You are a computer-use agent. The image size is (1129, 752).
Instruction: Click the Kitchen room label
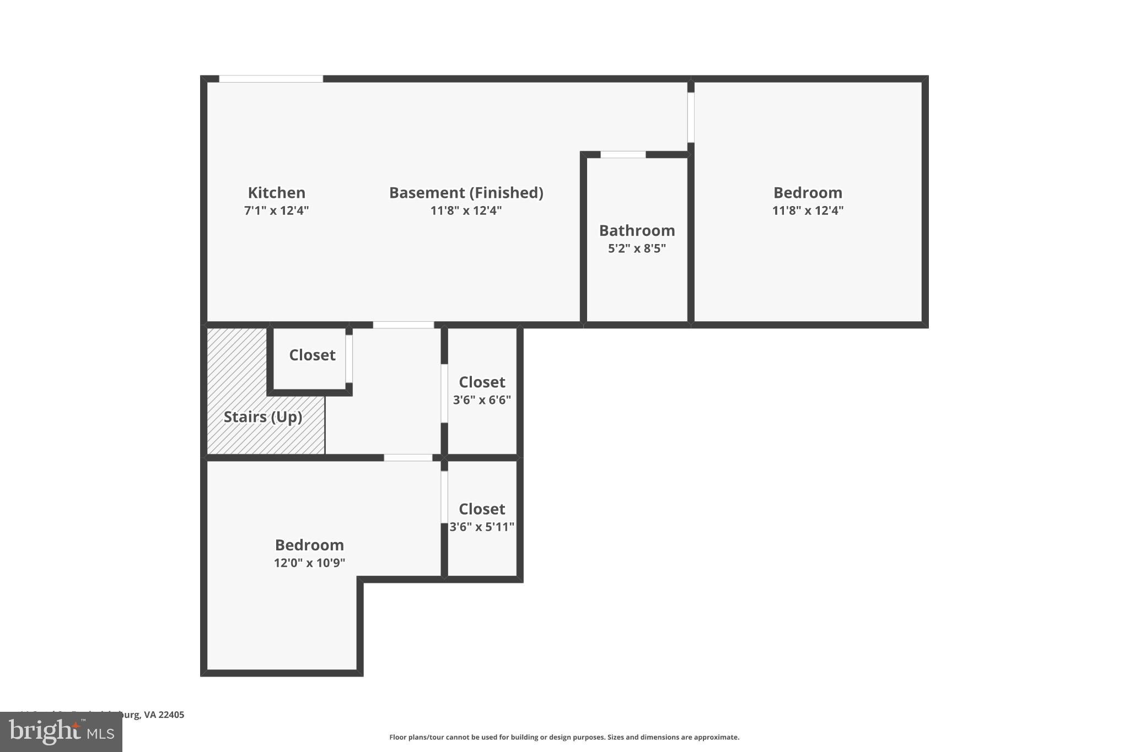click(x=276, y=193)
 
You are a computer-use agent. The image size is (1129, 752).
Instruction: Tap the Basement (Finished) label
click(x=466, y=193)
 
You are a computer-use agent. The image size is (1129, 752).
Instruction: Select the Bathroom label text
click(x=637, y=230)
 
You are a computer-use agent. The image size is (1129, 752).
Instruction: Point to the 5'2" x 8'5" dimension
click(x=637, y=248)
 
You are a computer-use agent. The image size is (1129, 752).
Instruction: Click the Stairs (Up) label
click(x=263, y=417)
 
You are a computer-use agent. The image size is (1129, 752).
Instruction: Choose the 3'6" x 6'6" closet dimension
click(x=482, y=400)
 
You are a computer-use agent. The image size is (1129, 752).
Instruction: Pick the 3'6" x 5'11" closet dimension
click(x=482, y=527)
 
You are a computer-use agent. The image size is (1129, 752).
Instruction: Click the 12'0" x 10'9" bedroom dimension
click(x=309, y=563)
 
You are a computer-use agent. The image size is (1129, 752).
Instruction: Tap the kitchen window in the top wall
click(x=271, y=79)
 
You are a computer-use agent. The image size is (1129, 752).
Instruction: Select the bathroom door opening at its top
click(x=623, y=155)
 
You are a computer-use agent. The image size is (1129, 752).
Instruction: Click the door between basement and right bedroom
click(x=691, y=117)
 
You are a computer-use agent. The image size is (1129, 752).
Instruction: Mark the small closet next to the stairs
click(x=312, y=355)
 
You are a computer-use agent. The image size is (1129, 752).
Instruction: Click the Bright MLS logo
click(x=61, y=732)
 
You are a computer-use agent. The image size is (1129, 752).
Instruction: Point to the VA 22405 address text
click(x=164, y=715)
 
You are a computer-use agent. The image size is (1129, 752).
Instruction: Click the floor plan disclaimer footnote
click(x=564, y=737)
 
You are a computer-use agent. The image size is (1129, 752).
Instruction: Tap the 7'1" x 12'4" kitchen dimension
click(x=276, y=210)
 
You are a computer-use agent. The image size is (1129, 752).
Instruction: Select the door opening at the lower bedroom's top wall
click(x=408, y=458)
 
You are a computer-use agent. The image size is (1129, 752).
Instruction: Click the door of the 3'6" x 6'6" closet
click(x=444, y=393)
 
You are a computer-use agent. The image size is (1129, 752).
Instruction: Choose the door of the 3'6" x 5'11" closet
click(x=444, y=496)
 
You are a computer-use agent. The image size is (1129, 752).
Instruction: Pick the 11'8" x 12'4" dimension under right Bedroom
click(x=808, y=210)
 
